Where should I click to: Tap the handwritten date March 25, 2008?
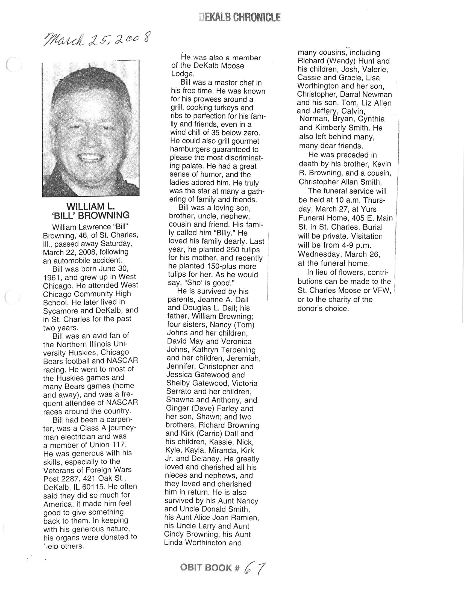tap(97, 39)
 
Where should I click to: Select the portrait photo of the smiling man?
tap(91, 129)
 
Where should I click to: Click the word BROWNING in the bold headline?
tap(104, 215)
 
